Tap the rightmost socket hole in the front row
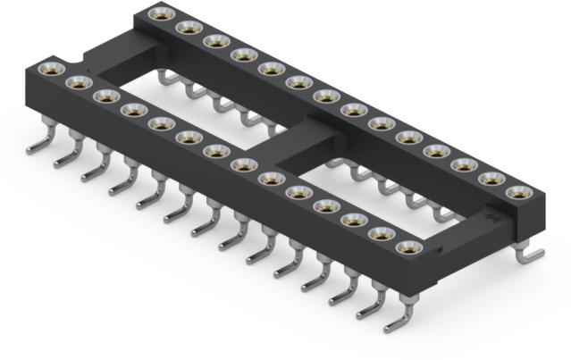406,247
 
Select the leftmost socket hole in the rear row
162,13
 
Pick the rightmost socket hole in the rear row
516,191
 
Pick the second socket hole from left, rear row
189,27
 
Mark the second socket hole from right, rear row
490,178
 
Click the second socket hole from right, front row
379,234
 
